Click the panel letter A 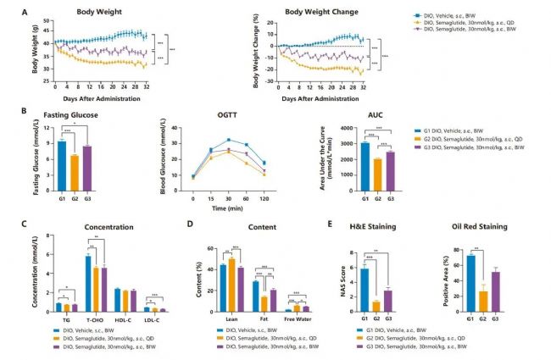(25, 14)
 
